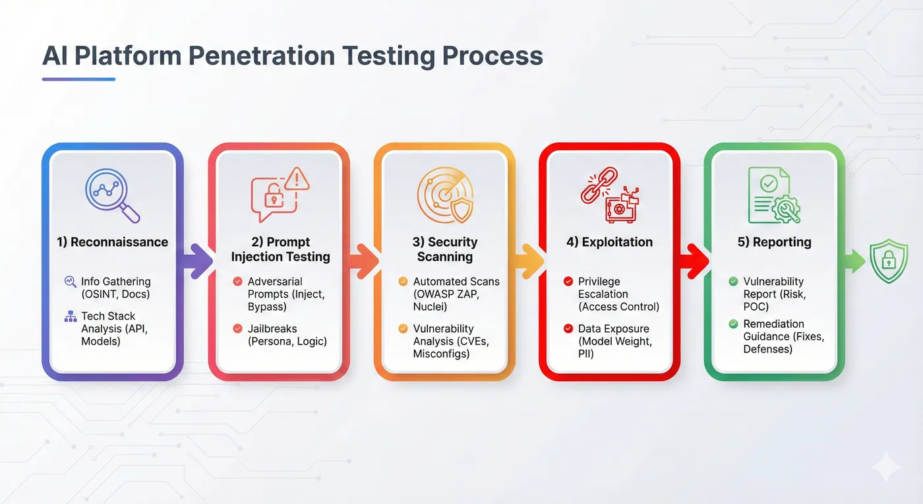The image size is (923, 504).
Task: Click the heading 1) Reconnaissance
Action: click(112, 242)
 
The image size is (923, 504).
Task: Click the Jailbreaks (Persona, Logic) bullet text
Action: click(287, 334)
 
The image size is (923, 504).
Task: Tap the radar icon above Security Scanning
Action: click(444, 193)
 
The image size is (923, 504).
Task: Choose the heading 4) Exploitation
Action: click(609, 242)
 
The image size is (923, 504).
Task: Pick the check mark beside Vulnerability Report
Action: click(733, 282)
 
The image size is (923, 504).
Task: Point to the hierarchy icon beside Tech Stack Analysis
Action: click(71, 317)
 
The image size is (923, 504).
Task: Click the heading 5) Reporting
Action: click(774, 242)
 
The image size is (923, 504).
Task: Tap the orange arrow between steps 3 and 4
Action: click(527, 261)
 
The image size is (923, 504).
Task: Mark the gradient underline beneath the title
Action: click(78, 79)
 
